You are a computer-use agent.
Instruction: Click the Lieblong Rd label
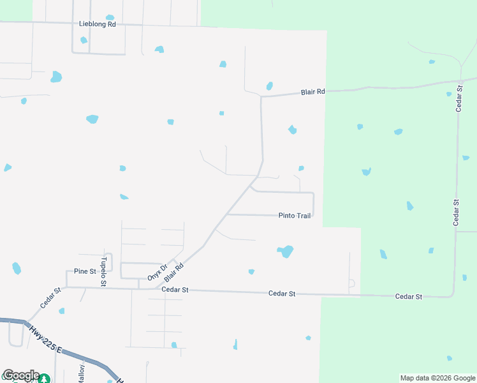[98, 24]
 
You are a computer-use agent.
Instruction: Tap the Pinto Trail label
[295, 216]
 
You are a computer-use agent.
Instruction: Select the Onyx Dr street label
[157, 272]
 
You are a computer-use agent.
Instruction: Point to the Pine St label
[84, 271]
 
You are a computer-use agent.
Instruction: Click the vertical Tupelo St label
[103, 271]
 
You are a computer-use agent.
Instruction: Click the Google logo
[20, 375]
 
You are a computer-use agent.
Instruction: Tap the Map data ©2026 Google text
[437, 378]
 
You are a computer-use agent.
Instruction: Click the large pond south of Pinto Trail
[286, 251]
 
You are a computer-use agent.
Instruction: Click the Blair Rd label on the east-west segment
[313, 92]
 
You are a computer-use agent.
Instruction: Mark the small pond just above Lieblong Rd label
[110, 17]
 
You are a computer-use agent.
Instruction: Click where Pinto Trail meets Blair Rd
[227, 215]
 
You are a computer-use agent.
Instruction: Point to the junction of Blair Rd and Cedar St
[157, 289]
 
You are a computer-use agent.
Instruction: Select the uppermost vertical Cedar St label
[459, 97]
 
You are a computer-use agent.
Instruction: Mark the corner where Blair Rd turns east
[261, 97]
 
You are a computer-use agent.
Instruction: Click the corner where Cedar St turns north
[453, 296]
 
